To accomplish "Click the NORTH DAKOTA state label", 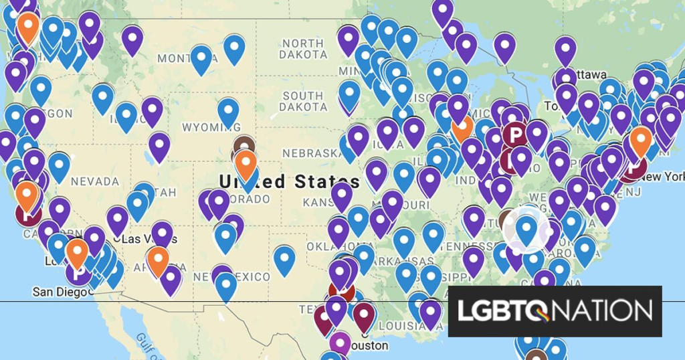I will point(303,48).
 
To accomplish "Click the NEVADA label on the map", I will point(94,181).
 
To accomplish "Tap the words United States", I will point(289,181).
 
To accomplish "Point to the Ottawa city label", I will point(588,74).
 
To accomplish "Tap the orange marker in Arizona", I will point(158,260).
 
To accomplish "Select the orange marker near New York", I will point(641,141).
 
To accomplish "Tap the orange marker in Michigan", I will point(462,125).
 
